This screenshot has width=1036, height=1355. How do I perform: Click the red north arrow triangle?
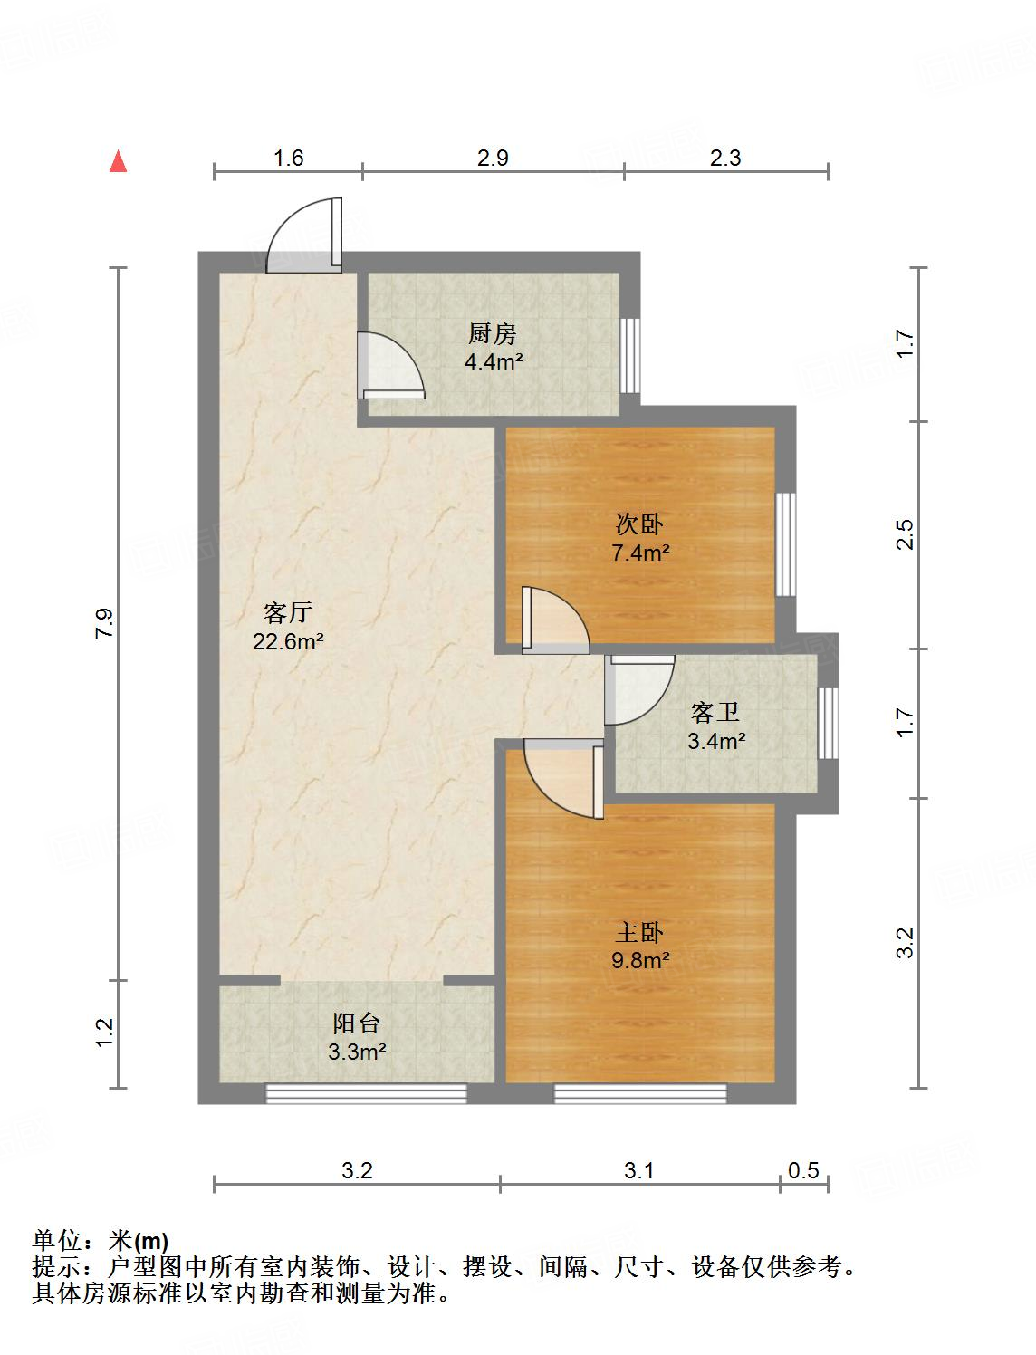click(118, 162)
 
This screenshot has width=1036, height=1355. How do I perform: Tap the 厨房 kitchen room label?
click(493, 334)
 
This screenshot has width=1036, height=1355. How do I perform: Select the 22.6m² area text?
click(288, 641)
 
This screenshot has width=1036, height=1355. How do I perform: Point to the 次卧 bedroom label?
click(639, 524)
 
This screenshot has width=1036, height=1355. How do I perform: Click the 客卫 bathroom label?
click(715, 713)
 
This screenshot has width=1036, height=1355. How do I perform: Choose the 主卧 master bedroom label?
click(639, 933)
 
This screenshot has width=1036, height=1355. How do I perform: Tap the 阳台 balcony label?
click(356, 1023)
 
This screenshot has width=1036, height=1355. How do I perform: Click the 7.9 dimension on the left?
click(104, 623)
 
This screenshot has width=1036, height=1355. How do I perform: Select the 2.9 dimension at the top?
click(493, 158)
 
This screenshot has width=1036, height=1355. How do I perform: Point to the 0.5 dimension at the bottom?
click(802, 1170)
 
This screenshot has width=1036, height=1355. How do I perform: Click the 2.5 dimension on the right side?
click(906, 534)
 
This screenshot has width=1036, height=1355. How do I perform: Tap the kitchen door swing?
click(391, 365)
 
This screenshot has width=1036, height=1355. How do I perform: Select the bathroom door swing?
click(639, 690)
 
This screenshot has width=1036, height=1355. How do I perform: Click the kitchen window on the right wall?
click(630, 356)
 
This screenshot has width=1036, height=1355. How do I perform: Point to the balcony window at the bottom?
click(366, 1094)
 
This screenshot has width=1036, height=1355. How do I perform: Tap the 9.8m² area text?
click(640, 960)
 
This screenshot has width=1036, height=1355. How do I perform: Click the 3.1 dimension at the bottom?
click(638, 1170)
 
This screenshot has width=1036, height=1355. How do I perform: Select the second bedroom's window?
click(785, 544)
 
